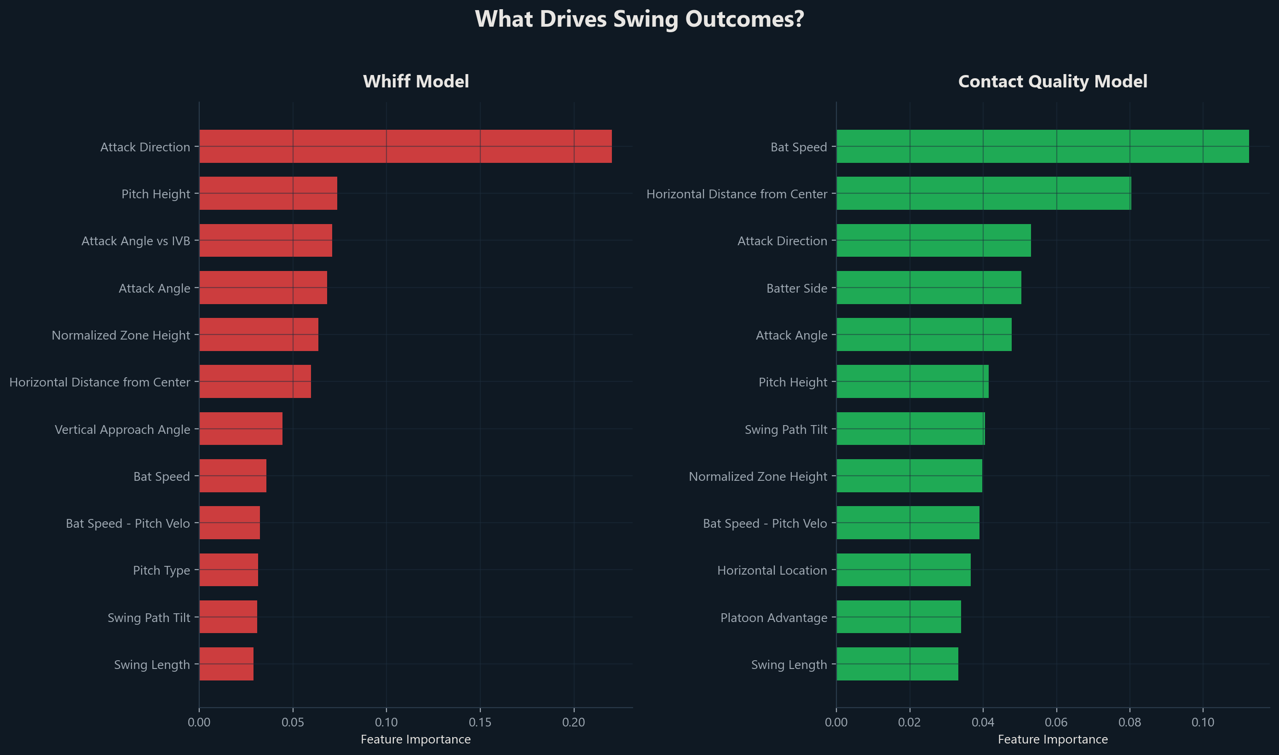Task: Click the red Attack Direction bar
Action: pyautogui.click(x=405, y=146)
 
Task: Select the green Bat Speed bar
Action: pyautogui.click(x=1042, y=146)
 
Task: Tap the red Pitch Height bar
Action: pyautogui.click(x=268, y=193)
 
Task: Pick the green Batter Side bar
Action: pyautogui.click(x=928, y=288)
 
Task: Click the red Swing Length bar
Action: pyautogui.click(x=226, y=664)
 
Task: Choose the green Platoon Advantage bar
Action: pyautogui.click(x=899, y=617)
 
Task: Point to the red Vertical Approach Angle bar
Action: pyautogui.click(x=241, y=429)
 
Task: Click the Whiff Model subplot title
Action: pyautogui.click(x=415, y=81)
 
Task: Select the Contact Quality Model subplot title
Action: pyautogui.click(x=1052, y=81)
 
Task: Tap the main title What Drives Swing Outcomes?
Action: pyautogui.click(x=639, y=19)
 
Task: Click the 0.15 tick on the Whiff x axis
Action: pyautogui.click(x=480, y=722)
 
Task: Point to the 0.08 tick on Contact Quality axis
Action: pyautogui.click(x=1129, y=722)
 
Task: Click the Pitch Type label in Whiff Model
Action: pyautogui.click(x=161, y=571)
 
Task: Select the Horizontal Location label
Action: pyautogui.click(x=772, y=571)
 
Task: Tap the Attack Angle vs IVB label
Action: pyautogui.click(x=135, y=241)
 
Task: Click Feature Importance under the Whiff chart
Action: pyautogui.click(x=415, y=739)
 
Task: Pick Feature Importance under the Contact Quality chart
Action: pyautogui.click(x=1052, y=739)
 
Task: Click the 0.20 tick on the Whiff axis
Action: pyautogui.click(x=573, y=722)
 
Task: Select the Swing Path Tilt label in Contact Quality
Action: pyautogui.click(x=785, y=429)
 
